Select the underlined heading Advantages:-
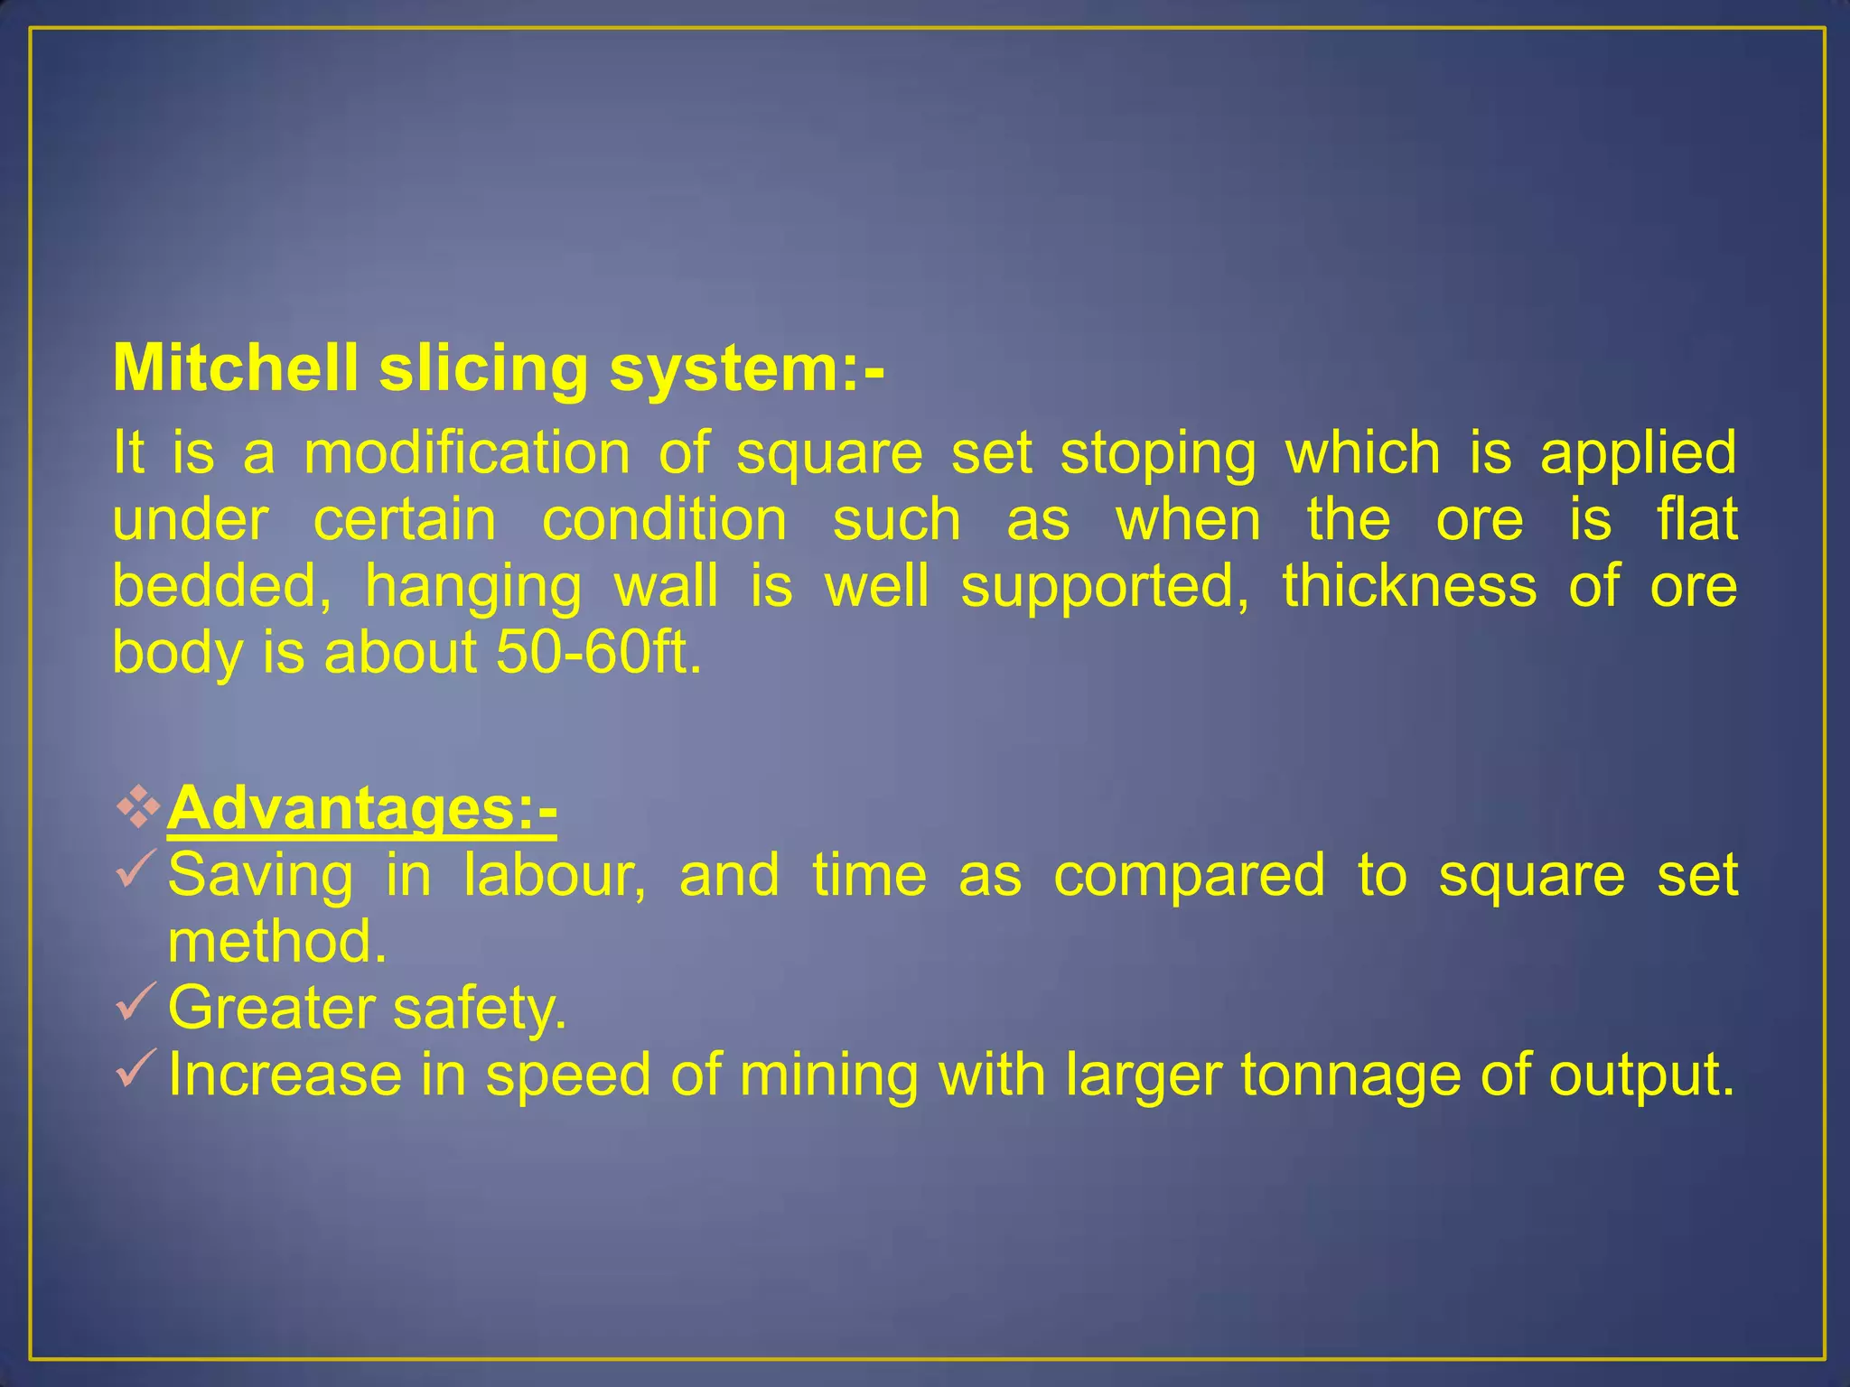click(361, 807)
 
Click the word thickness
click(1409, 585)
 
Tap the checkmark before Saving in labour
click(136, 869)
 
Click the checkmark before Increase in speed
click(136, 1068)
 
